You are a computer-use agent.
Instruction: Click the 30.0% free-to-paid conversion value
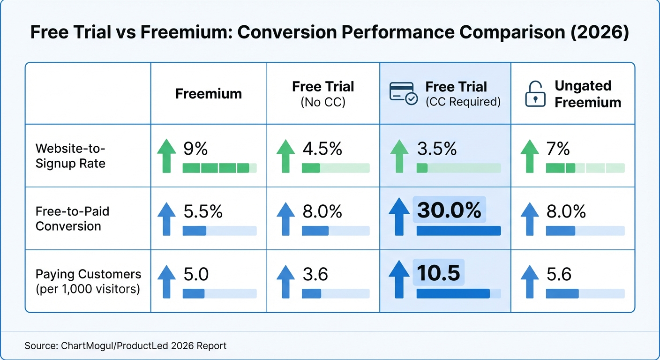pos(449,210)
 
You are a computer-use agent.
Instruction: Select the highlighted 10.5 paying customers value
pos(438,273)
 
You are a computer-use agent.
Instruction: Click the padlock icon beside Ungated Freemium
pos(534,94)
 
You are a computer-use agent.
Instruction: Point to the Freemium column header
pos(209,94)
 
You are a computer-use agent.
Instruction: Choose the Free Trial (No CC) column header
pos(323,94)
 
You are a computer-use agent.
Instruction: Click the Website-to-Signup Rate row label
pos(70,156)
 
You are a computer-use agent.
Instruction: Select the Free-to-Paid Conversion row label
pos(72,218)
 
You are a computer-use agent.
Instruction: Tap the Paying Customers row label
pos(88,281)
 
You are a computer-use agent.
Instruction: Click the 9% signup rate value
pos(195,149)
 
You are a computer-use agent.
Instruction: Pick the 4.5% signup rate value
pos(322,149)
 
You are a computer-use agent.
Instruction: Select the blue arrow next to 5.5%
pos(166,218)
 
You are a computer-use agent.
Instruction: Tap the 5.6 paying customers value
pos(559,274)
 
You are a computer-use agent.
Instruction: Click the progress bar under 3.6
pos(336,293)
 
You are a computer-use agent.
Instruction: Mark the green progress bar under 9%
pos(219,168)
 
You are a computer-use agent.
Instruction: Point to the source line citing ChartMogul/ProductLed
pos(126,346)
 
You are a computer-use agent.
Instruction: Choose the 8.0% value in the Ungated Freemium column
pos(566,211)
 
